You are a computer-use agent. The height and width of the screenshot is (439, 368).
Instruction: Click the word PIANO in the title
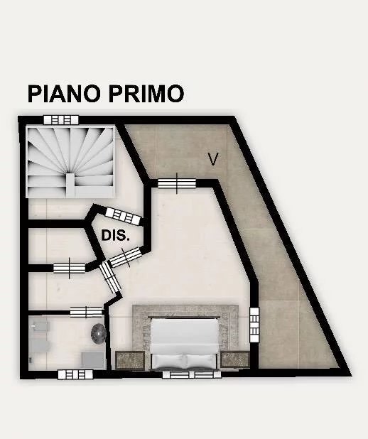(x=64, y=94)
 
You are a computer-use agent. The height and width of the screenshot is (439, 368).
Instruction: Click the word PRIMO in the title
(x=146, y=94)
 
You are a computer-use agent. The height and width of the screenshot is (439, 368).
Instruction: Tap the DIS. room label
(x=115, y=236)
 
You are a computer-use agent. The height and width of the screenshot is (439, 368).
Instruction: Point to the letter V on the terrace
(x=213, y=159)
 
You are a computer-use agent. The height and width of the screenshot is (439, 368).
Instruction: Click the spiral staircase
(x=70, y=162)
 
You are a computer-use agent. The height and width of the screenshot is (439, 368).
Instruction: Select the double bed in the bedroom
(x=184, y=344)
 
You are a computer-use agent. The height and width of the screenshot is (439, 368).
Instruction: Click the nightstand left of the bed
(x=130, y=360)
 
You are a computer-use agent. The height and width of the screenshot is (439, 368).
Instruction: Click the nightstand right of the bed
(x=235, y=359)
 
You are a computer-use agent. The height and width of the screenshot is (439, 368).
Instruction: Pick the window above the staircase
(x=61, y=120)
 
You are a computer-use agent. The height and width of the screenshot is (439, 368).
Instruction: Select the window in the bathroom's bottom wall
(x=75, y=374)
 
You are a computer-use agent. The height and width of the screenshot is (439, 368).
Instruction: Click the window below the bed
(x=192, y=374)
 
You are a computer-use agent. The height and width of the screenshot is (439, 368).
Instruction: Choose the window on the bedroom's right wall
(x=254, y=325)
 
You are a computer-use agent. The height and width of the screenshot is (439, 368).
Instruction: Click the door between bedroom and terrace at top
(x=177, y=184)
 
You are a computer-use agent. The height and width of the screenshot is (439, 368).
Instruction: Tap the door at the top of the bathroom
(x=87, y=312)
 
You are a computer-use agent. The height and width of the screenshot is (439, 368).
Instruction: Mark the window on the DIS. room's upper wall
(x=123, y=216)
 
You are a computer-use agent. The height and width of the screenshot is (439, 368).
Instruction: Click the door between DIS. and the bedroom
(x=125, y=256)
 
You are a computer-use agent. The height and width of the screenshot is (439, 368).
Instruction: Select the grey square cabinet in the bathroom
(x=92, y=359)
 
